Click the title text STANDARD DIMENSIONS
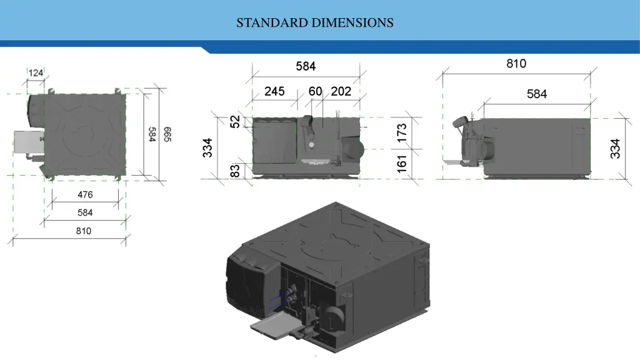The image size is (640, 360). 315,23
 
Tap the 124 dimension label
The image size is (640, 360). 36,73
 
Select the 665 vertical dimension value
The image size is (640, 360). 167,134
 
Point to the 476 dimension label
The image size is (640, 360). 85,194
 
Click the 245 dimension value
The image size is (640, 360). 274,91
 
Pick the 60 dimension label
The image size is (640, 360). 315,91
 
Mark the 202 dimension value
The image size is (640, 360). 341,91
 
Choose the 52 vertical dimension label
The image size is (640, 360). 235,121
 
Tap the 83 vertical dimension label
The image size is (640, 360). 235,170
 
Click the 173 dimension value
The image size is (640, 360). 402,132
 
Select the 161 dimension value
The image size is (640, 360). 402,162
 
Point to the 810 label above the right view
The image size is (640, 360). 516,64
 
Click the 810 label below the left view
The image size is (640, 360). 84,231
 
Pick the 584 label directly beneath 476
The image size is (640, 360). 85,212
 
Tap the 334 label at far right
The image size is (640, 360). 616,148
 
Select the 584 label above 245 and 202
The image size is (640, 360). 306,66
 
